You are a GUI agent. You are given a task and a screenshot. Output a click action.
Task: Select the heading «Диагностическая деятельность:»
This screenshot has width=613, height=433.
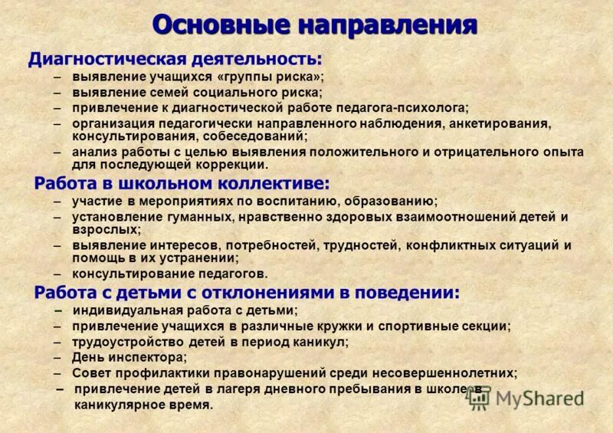pyautogui.click(x=175, y=59)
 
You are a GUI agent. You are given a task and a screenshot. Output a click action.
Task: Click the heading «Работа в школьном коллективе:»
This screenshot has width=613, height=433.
pyautogui.click(x=182, y=184)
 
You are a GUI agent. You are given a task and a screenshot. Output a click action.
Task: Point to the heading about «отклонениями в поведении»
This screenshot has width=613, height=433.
pyautogui.click(x=247, y=293)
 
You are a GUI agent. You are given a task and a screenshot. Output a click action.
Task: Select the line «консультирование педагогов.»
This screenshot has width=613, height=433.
pyautogui.click(x=170, y=273)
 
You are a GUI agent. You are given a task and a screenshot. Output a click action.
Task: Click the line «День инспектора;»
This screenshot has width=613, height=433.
pyautogui.click(x=129, y=357)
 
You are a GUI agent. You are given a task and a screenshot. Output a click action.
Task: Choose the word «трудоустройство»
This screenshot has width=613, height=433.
pyautogui.click(x=123, y=342)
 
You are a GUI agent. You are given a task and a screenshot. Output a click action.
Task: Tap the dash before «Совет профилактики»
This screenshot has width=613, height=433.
pyautogui.click(x=58, y=373)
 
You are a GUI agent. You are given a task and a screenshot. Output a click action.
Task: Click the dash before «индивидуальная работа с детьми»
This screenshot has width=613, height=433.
pyautogui.click(x=59, y=310)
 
